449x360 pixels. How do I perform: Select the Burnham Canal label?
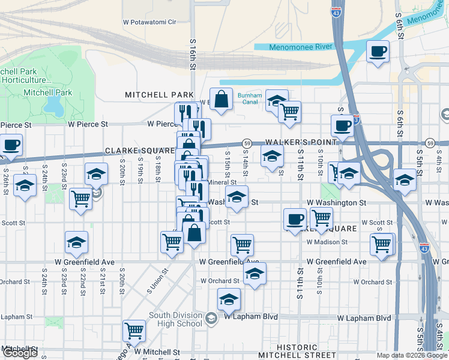tap(250, 98)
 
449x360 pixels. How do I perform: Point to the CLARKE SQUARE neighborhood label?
tap(140, 151)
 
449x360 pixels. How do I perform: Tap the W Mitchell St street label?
tap(157, 352)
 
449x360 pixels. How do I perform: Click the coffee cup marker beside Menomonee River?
tap(378, 52)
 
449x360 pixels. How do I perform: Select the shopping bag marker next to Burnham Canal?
tap(221, 100)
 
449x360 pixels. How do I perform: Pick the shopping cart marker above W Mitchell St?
tap(134, 330)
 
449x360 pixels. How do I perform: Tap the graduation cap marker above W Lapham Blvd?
tap(229, 299)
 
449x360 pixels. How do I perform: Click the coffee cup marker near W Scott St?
tap(294, 219)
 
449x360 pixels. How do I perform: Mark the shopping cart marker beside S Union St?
tap(172, 242)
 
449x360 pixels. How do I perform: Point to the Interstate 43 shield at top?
tap(336, 11)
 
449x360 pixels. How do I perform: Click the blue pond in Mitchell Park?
tap(53, 106)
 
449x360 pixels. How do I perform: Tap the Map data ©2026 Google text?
tap(411, 355)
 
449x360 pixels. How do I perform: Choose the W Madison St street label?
tap(327, 242)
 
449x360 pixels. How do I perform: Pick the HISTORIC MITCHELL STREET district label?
tap(297, 351)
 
